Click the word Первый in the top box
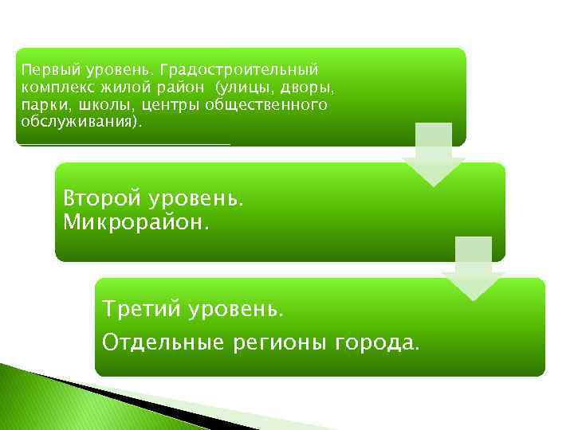[x=44, y=71]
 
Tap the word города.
[x=375, y=343]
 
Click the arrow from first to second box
[x=433, y=155]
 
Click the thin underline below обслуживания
[x=124, y=144]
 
